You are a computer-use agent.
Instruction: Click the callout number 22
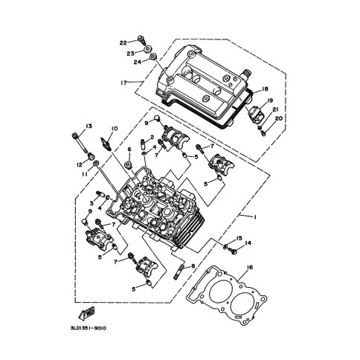(123, 43)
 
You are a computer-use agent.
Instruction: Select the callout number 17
(123, 83)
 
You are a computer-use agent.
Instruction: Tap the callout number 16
(250, 267)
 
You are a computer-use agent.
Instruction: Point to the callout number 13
(89, 126)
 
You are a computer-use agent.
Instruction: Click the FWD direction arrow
(86, 312)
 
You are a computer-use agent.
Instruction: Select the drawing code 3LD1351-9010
(89, 329)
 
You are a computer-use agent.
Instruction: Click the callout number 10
(115, 129)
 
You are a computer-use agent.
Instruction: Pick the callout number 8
(193, 266)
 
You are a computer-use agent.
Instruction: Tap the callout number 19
(270, 100)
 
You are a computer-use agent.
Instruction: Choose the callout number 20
(279, 118)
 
